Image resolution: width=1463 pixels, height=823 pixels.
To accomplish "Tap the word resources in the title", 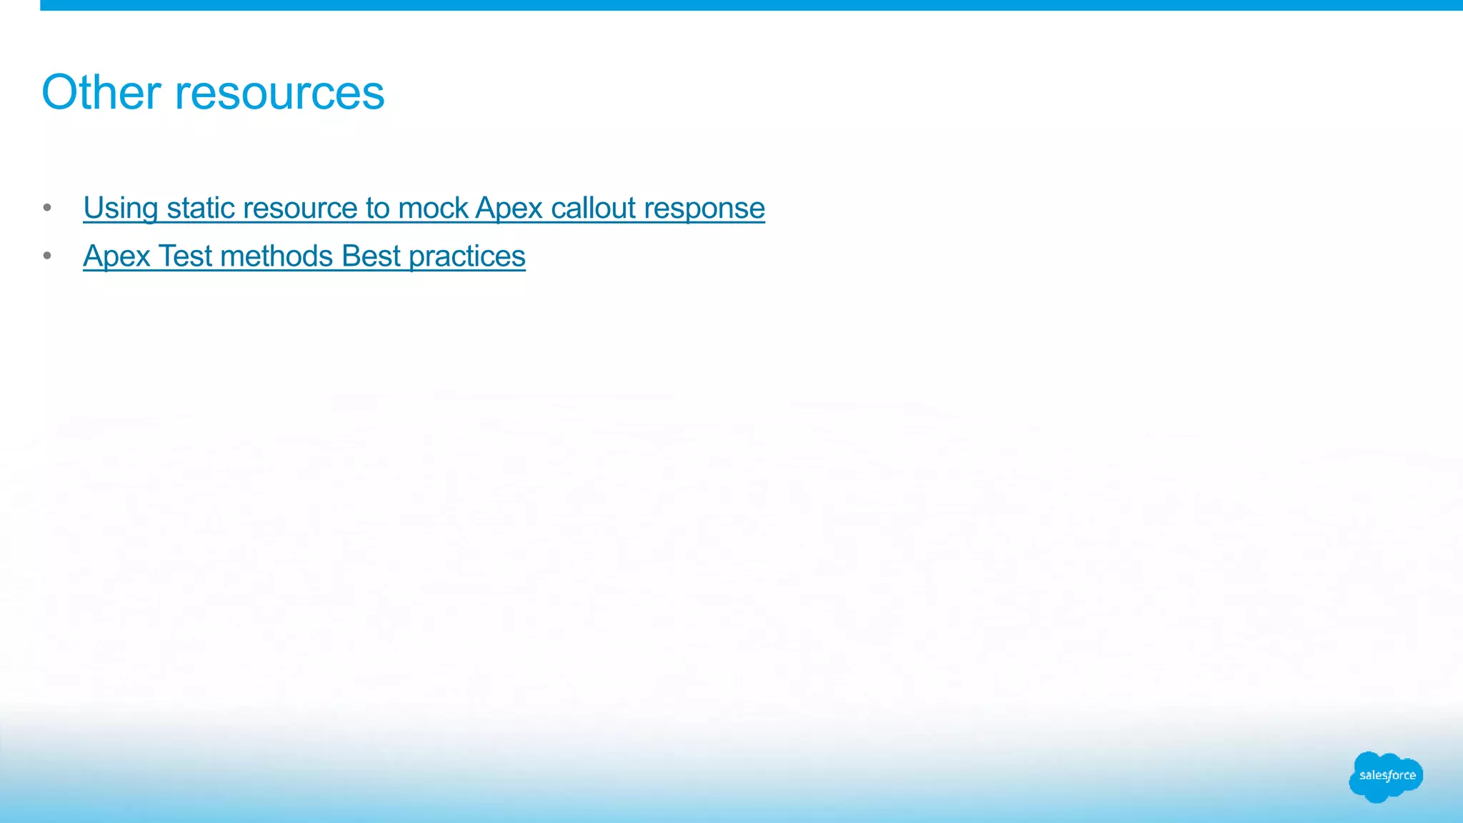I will pyautogui.click(x=279, y=94).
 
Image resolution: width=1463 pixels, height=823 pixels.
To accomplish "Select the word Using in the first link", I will pyautogui.click(x=120, y=209).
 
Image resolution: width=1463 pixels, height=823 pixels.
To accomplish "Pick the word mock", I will pyautogui.click(x=433, y=208).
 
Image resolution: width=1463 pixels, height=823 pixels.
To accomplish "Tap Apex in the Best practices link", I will pyautogui.click(x=116, y=256).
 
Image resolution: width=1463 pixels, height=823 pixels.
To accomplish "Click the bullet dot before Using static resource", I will pyautogui.click(x=47, y=208).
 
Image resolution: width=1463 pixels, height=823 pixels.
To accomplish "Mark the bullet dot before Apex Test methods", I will pyautogui.click(x=47, y=256).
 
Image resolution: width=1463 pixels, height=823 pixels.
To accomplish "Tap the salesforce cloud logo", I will pyautogui.click(x=1386, y=776).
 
